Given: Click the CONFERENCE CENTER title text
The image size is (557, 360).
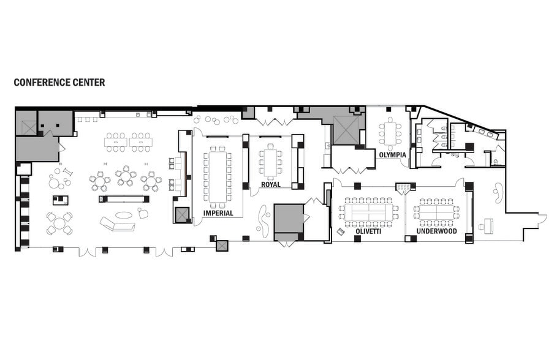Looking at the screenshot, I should [59, 82].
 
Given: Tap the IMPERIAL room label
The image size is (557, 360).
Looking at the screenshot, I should [218, 213].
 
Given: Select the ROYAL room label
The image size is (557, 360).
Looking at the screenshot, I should [270, 184].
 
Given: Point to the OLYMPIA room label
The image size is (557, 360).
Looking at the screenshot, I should [392, 155].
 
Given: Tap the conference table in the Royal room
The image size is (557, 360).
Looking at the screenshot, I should [270, 162].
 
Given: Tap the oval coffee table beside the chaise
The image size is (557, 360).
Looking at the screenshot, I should [124, 215].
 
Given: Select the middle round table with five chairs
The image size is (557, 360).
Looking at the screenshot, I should [126, 176].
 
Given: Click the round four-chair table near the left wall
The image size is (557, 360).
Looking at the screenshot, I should [59, 222].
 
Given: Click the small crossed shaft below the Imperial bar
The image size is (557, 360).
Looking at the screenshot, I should [182, 214].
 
